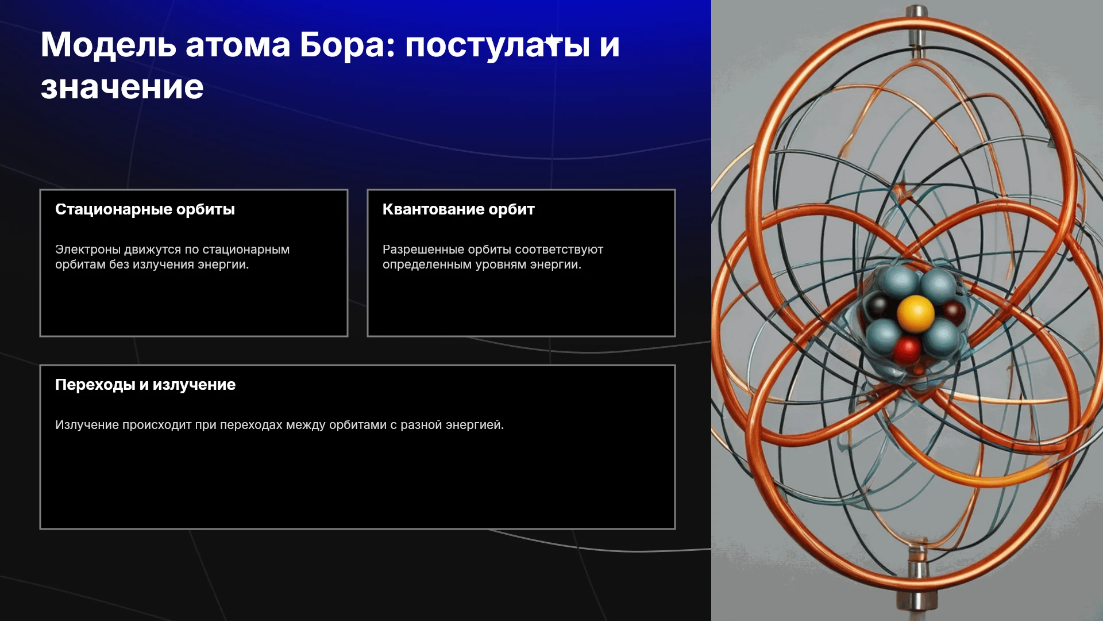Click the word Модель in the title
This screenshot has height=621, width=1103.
[x=108, y=45]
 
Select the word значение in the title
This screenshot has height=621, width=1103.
[x=122, y=87]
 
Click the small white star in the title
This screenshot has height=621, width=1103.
[x=552, y=41]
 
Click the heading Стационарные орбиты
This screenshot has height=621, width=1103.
[x=145, y=209]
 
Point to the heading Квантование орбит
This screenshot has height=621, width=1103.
[x=458, y=209]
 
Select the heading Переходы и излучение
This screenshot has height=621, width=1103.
[x=145, y=385]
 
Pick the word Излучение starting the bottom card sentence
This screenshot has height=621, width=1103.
[x=87, y=425]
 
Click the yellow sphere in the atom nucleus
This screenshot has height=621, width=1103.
[x=915, y=314]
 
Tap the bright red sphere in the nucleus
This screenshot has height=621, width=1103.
[x=908, y=350]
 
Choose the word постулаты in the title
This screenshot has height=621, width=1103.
[x=497, y=45]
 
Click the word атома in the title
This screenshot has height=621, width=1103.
[x=238, y=45]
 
